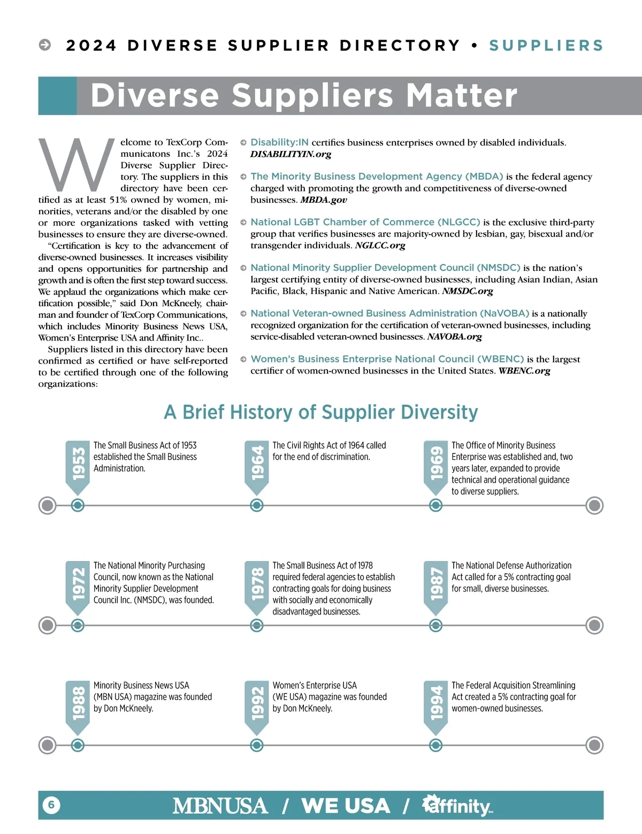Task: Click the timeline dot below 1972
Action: tap(78, 625)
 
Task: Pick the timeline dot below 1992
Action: tap(257, 745)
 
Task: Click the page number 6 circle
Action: tap(51, 805)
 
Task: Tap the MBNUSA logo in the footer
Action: tap(220, 806)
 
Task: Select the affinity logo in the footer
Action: tap(457, 806)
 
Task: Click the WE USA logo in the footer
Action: tap(346, 806)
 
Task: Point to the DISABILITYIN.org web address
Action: tap(291, 154)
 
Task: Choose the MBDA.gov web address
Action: tap(323, 200)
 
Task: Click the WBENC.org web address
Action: tap(524, 370)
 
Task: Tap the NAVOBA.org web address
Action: tap(454, 337)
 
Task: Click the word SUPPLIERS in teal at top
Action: tap(546, 46)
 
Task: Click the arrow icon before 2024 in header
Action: tap(45, 45)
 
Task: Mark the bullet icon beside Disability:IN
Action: tap(243, 143)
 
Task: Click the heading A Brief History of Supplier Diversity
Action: tap(321, 412)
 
